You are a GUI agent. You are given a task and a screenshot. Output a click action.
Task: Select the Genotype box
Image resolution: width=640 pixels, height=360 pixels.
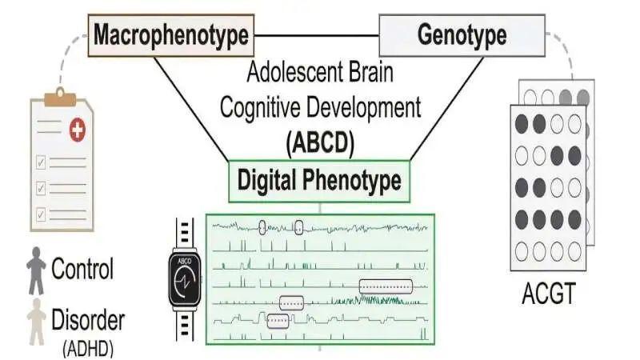(462, 35)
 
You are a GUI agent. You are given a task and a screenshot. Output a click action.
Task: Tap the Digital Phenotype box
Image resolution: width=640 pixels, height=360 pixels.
(319, 181)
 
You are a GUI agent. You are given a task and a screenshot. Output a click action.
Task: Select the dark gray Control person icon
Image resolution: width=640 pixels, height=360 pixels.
(34, 270)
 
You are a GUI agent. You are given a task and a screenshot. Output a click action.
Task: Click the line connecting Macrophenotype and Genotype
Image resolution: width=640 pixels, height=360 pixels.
(314, 35)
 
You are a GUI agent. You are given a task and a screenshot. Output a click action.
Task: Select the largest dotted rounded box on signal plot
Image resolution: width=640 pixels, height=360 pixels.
(386, 286)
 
